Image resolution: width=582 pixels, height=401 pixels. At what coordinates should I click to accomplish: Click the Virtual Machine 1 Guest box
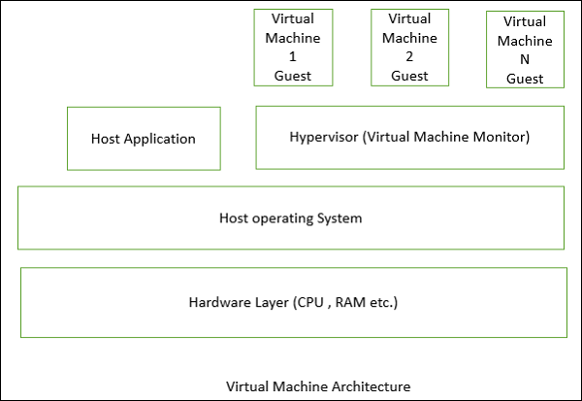[x=292, y=47]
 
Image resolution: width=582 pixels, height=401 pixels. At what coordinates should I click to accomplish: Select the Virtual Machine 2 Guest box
[x=408, y=47]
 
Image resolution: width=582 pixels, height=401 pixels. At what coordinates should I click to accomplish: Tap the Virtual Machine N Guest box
[x=525, y=50]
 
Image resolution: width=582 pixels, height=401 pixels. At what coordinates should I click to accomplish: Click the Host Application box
[x=144, y=138]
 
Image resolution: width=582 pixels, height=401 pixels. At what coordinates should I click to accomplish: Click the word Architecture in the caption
[x=372, y=386]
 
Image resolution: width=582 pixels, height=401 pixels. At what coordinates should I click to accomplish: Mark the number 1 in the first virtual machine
[x=292, y=56]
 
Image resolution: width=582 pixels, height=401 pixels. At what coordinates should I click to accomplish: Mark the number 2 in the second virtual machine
[x=408, y=56]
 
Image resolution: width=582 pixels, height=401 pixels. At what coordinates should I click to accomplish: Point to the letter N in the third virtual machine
[x=525, y=59]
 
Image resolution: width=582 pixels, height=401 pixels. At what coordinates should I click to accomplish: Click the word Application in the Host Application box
[x=160, y=138]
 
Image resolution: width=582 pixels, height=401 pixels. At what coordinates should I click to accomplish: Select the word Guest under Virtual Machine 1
[x=292, y=75]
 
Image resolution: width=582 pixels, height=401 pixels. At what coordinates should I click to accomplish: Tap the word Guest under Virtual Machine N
[x=525, y=78]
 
